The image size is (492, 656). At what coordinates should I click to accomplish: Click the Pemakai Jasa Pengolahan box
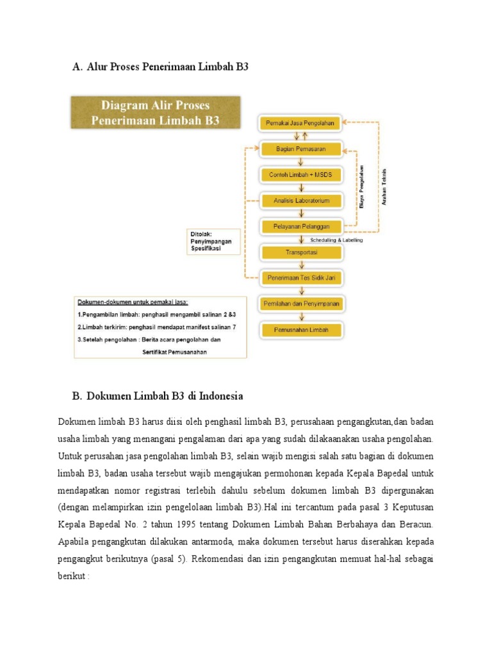pyautogui.click(x=300, y=122)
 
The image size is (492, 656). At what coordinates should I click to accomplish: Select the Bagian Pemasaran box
pyautogui.click(x=300, y=149)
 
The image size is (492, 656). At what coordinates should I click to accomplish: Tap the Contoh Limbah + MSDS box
pyautogui.click(x=300, y=175)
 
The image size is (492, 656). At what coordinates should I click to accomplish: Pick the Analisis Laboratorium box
pyautogui.click(x=300, y=201)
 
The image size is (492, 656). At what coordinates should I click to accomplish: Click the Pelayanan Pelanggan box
pyautogui.click(x=300, y=226)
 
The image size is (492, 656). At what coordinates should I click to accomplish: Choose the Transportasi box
pyautogui.click(x=300, y=252)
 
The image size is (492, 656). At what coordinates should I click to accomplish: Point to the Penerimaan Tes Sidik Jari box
pyautogui.click(x=300, y=278)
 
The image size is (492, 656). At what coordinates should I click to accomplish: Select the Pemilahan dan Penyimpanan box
pyautogui.click(x=300, y=304)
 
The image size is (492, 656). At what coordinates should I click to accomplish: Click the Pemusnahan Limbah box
pyautogui.click(x=300, y=329)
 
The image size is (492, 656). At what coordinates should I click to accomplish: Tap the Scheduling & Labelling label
pyautogui.click(x=336, y=240)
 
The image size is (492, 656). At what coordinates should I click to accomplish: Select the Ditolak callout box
pyautogui.click(x=214, y=242)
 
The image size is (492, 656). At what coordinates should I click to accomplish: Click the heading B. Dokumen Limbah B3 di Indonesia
pyautogui.click(x=158, y=396)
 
